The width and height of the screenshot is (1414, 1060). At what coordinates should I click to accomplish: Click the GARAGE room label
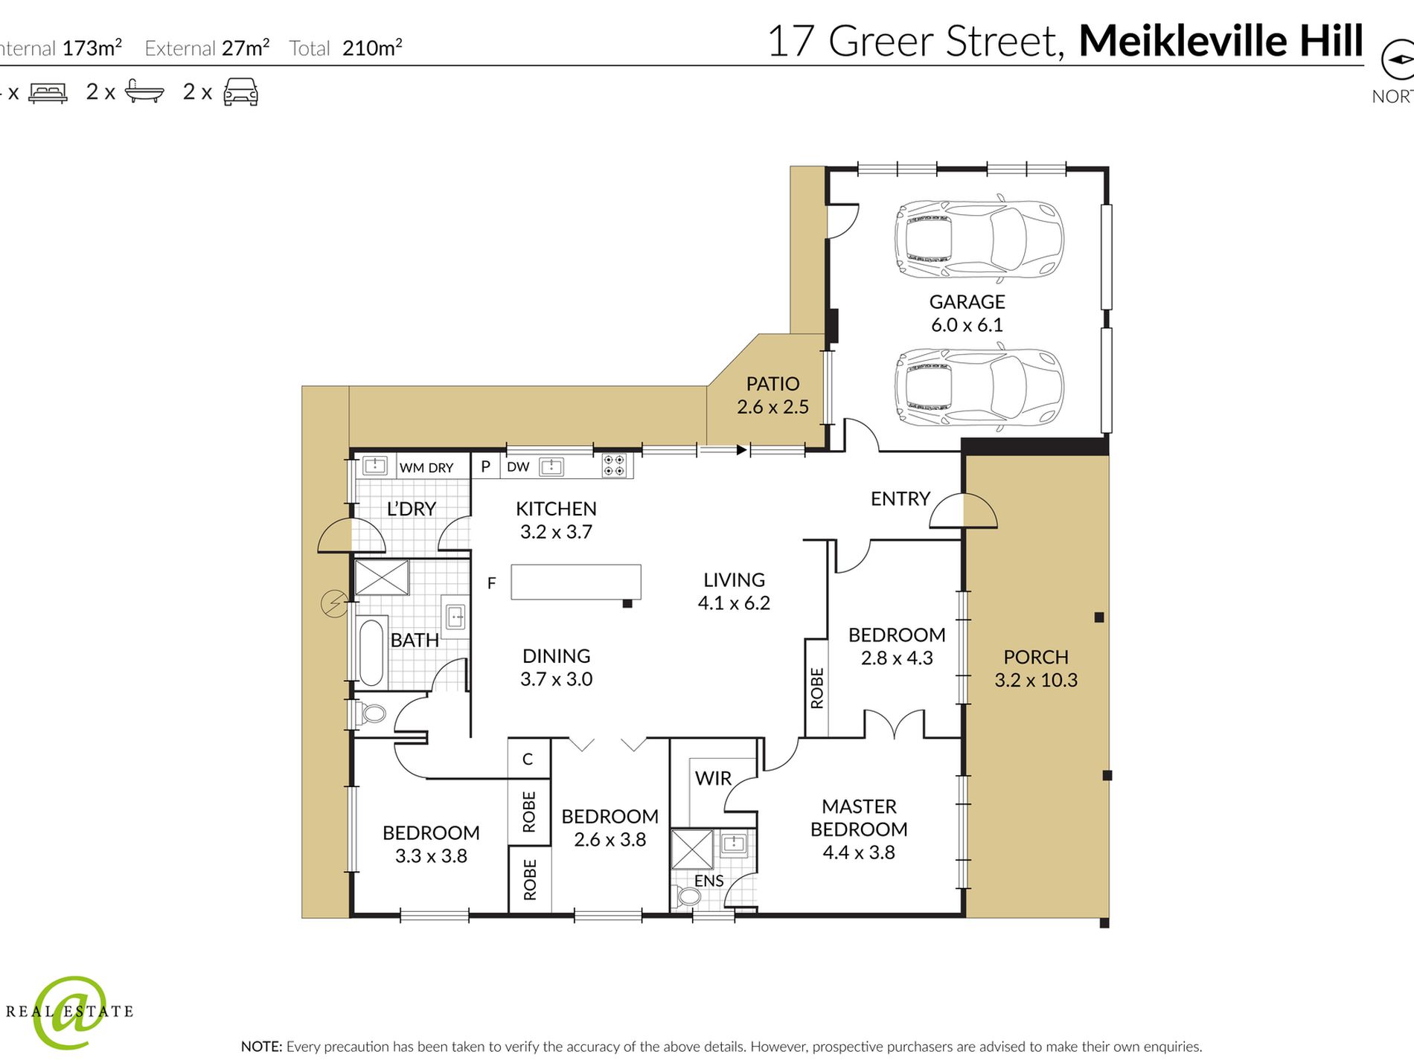pos(967,302)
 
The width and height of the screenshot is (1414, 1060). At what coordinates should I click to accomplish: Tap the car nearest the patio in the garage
pos(979,388)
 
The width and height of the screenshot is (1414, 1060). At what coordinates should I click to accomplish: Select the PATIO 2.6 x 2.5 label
pos(772,395)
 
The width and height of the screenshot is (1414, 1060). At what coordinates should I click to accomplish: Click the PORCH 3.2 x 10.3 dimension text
pos(1035,680)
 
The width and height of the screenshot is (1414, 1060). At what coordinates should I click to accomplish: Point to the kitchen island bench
pos(575,582)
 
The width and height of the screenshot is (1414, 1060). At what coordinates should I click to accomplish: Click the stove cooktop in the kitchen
pos(614,466)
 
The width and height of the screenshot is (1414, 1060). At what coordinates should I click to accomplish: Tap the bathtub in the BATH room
pos(371,652)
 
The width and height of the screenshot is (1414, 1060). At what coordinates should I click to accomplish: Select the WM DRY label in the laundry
pos(426,468)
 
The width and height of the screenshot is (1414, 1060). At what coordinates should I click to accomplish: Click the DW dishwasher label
pos(518,467)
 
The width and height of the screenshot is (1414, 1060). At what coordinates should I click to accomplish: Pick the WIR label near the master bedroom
pos(713,779)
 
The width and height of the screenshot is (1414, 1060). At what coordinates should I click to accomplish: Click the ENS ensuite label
pos(708,881)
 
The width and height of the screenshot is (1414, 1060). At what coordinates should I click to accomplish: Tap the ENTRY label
pos(900,498)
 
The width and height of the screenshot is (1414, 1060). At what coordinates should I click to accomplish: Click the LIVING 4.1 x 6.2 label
pos(734,591)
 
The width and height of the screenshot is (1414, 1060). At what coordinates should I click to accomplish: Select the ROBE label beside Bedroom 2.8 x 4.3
pos(817,688)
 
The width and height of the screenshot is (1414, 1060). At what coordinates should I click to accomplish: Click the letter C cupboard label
pos(528,759)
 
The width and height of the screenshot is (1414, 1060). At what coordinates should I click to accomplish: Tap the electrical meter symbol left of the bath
pos(333,603)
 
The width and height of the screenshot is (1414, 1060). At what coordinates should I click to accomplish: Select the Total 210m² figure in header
pos(372,48)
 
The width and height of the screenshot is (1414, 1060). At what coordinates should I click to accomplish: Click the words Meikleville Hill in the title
pos(1221,41)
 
